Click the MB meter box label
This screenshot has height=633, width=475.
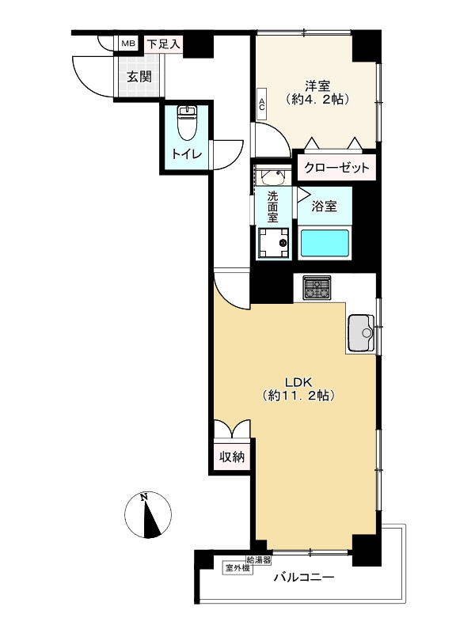(129, 44)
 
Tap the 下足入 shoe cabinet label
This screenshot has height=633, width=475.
(163, 44)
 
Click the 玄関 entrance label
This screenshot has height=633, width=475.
(139, 77)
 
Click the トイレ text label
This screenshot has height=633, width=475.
(186, 154)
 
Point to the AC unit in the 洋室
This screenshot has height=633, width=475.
(262, 104)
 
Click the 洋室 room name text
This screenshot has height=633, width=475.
(317, 85)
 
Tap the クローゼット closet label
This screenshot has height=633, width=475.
(337, 167)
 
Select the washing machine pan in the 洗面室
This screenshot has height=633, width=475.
(274, 242)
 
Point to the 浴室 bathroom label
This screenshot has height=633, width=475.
(325, 207)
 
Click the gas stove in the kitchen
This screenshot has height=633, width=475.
(317, 287)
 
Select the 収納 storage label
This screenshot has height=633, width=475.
(232, 457)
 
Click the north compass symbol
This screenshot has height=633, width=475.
(148, 515)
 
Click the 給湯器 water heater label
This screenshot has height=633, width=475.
(259, 560)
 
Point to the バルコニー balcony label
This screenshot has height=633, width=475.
(304, 578)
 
